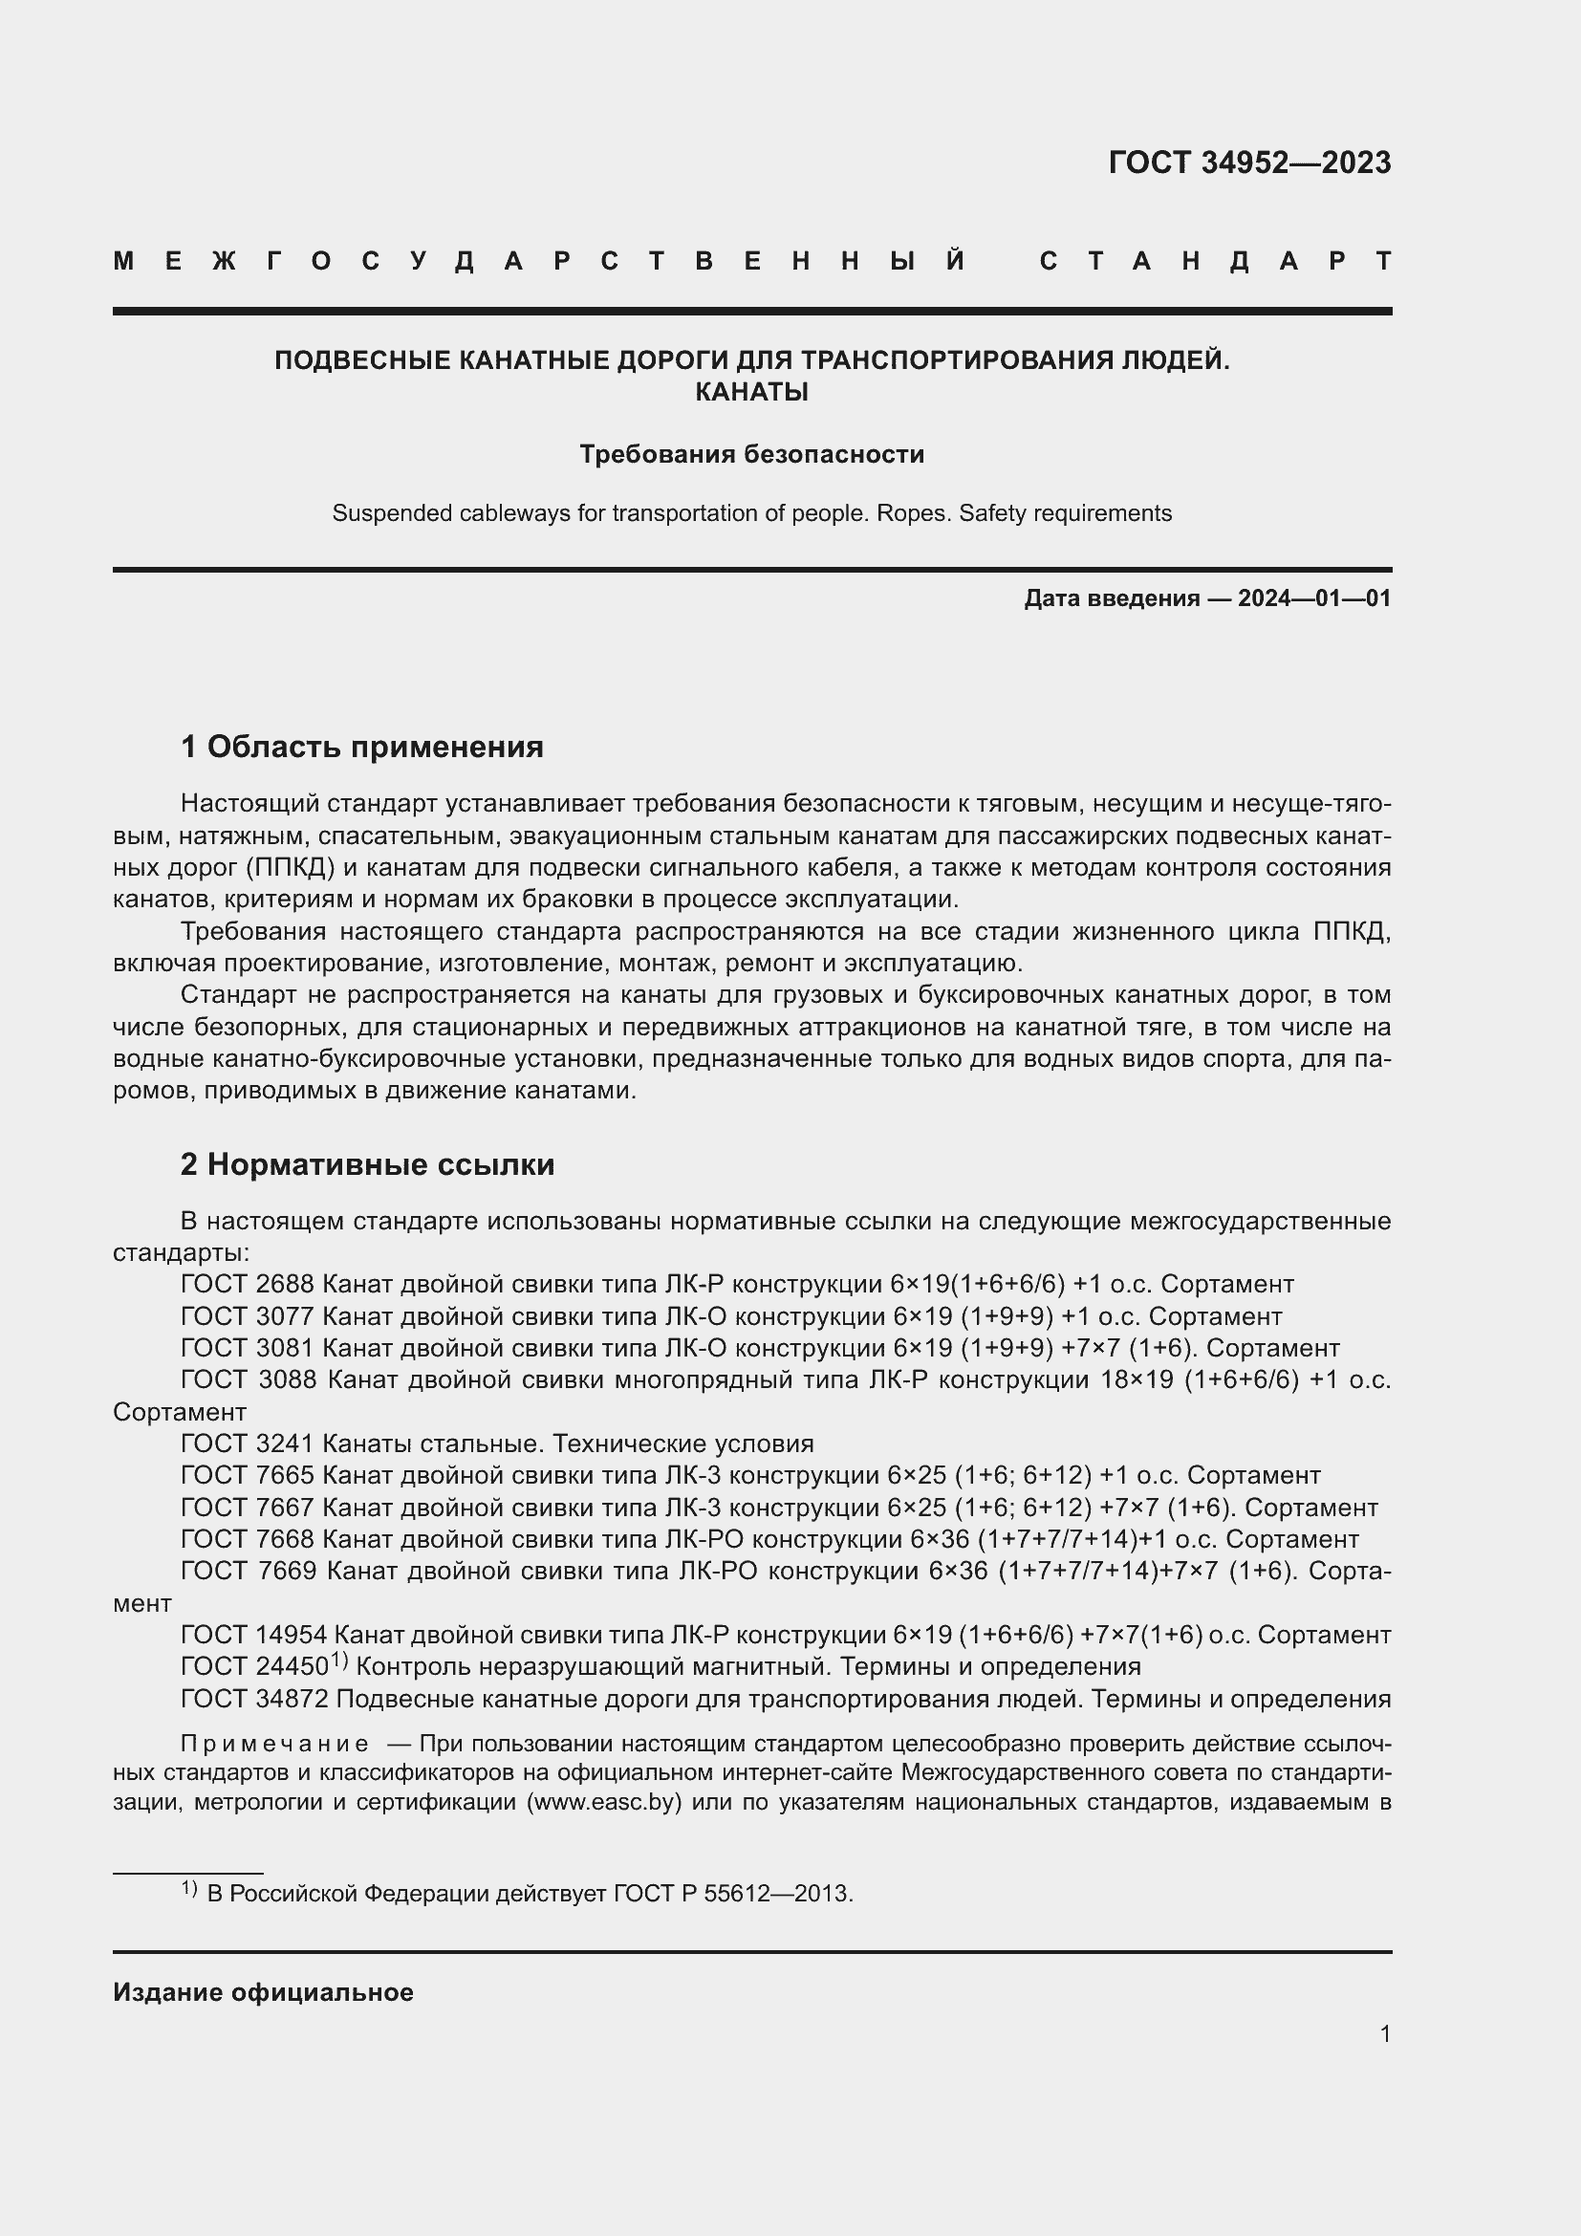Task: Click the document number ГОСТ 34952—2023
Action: click(1249, 163)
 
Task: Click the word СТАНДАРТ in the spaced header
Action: click(1215, 262)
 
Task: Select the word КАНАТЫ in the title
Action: click(751, 393)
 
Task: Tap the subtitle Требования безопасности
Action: click(751, 455)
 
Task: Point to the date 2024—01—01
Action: click(1314, 597)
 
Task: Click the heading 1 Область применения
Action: click(361, 747)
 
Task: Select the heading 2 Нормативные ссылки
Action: click(367, 1164)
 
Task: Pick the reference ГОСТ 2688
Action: click(248, 1285)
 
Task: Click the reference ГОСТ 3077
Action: click(248, 1316)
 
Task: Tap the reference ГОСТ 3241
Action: click(248, 1444)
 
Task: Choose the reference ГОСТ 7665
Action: click(248, 1475)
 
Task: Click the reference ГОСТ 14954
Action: click(254, 1635)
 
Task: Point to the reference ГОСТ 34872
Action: click(254, 1700)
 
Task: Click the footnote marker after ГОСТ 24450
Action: click(337, 1660)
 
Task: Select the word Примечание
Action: click(273, 1744)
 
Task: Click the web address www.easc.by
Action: click(602, 1802)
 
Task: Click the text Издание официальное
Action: click(263, 1992)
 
